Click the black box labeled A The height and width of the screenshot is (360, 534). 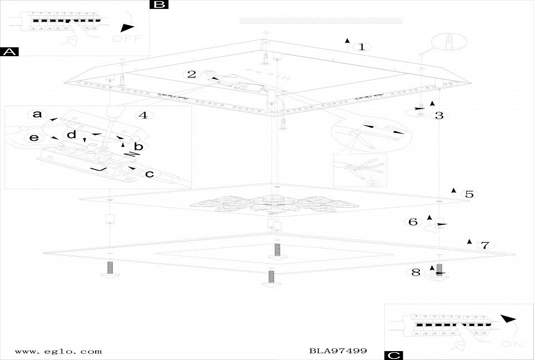[9, 52]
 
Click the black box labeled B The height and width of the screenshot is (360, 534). [159, 4]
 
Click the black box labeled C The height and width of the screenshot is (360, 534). [393, 354]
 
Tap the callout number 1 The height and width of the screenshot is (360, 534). [362, 47]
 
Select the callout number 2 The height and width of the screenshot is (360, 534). [192, 74]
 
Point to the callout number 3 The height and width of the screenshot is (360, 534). [439, 116]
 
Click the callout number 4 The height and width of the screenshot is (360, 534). [143, 116]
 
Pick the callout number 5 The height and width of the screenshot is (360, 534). [469, 194]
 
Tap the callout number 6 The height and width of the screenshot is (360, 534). [413, 222]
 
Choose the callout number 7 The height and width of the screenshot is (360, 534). [484, 245]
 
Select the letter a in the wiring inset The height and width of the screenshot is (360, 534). [37, 115]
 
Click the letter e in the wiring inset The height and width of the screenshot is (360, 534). [34, 137]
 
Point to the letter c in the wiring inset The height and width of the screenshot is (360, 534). [149, 174]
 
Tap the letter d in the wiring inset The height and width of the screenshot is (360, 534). [71, 135]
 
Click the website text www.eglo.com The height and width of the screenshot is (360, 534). [58, 351]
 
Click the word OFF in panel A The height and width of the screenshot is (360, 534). [127, 38]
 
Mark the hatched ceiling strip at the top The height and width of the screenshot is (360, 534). [320, 20]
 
